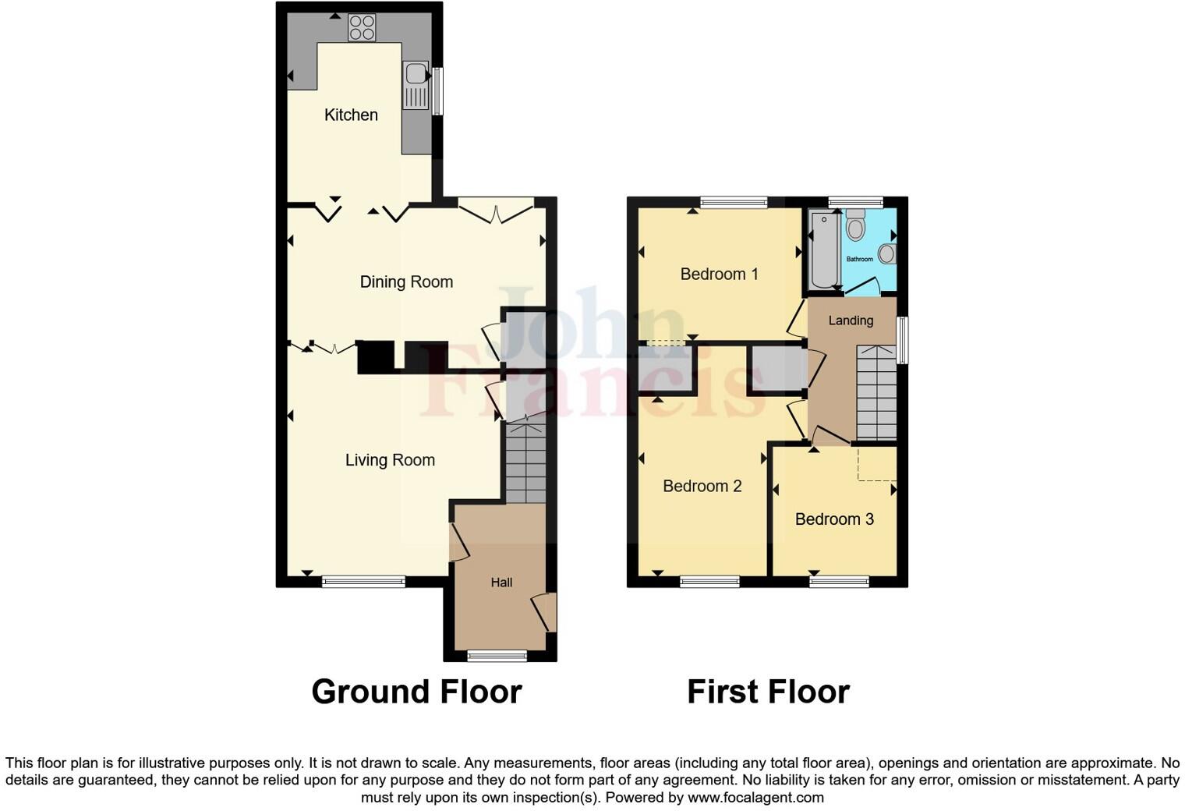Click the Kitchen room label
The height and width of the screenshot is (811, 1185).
351,115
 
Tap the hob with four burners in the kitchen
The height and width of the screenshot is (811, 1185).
362,27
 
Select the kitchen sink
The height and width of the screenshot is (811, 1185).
416,74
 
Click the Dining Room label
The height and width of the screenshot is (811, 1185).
406,282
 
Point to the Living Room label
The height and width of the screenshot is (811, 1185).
390,460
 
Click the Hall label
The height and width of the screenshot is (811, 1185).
501,583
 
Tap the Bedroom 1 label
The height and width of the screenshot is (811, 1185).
719,274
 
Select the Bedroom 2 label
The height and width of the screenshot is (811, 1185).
702,486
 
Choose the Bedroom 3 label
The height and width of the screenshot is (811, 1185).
834,519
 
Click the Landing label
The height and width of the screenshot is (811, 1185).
851,321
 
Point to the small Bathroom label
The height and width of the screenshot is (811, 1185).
860,259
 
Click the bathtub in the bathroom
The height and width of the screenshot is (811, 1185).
823,249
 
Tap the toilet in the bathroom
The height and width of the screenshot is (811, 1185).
856,226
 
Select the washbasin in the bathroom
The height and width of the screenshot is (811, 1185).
886,253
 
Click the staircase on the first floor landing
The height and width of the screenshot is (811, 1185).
876,394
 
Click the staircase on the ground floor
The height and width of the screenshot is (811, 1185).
526,464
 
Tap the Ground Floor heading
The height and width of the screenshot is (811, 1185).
416,692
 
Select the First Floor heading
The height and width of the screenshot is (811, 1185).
768,692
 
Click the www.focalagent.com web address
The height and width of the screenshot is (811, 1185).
755,797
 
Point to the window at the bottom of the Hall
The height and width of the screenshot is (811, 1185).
497,656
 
